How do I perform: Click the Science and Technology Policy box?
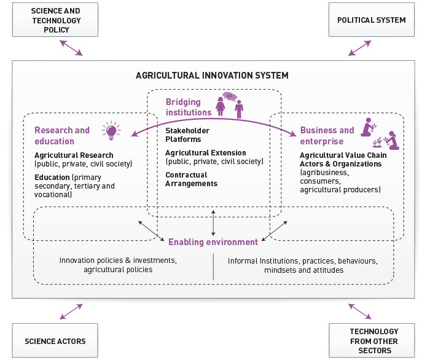(x=56, y=20)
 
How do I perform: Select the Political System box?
(x=372, y=20)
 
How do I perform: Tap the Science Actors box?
(x=55, y=341)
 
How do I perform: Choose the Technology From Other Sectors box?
(x=373, y=341)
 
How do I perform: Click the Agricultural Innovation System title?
(x=212, y=76)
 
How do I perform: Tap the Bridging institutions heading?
(x=188, y=107)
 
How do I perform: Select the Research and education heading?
(x=62, y=135)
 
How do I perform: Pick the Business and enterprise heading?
(x=327, y=135)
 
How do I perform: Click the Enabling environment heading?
(x=213, y=242)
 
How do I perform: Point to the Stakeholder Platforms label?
(x=187, y=135)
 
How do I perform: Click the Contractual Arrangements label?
(x=191, y=179)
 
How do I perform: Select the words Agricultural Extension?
(x=206, y=153)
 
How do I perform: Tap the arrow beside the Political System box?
(x=360, y=48)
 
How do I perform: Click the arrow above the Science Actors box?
(x=71, y=311)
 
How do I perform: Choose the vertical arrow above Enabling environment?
(x=213, y=222)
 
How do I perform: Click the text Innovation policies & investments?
(x=118, y=260)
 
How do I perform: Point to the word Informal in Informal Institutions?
(x=242, y=260)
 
